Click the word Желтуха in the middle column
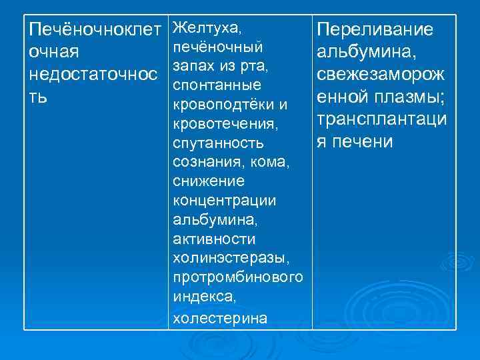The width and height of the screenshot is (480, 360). coord(204,29)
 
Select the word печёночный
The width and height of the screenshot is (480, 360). coord(216,47)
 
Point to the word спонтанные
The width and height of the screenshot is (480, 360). coord(214,86)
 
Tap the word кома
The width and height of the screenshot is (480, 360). coord(273,162)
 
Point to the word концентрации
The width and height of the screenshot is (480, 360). coord(224,201)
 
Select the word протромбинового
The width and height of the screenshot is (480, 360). coord(237,277)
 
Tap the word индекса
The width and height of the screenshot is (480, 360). coord(202,295)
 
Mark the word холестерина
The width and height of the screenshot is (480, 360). coord(219,318)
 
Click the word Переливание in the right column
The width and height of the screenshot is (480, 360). coord(375,30)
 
